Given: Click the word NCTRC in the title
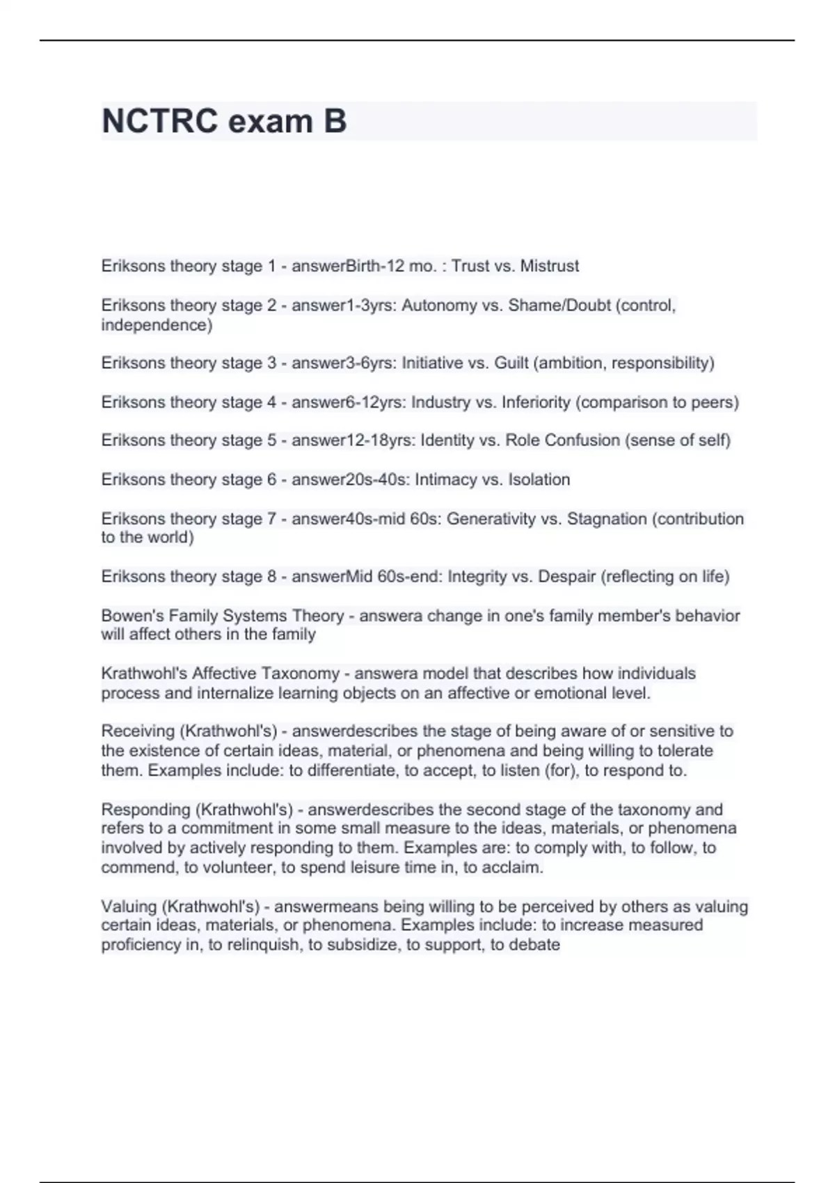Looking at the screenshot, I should point(159,121).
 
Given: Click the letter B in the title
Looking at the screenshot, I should point(335,121).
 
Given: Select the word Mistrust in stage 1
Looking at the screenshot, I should point(550,266).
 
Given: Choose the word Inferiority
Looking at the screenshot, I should point(536,402).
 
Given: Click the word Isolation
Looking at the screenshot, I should point(539,479).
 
